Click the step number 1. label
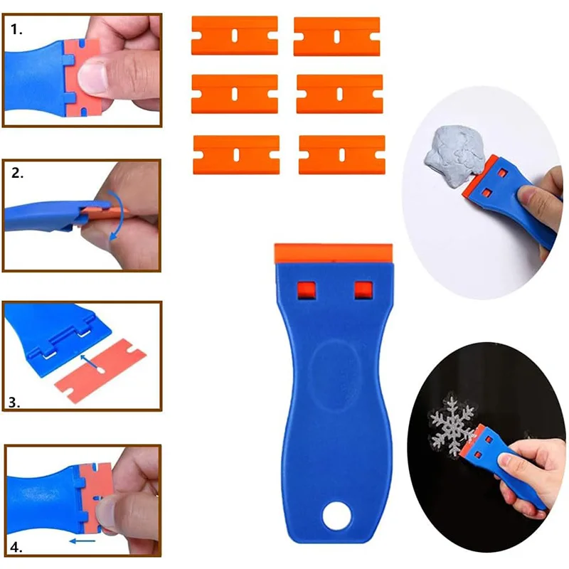(16, 30)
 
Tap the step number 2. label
(17, 174)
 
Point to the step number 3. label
(14, 403)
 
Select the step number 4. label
(16, 548)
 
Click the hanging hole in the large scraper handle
(335, 515)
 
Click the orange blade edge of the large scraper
(334, 251)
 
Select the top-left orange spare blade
(234, 36)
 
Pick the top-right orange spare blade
(337, 36)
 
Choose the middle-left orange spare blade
(234, 93)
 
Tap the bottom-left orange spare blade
(235, 154)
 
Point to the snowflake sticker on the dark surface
(450, 426)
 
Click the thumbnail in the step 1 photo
(93, 74)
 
